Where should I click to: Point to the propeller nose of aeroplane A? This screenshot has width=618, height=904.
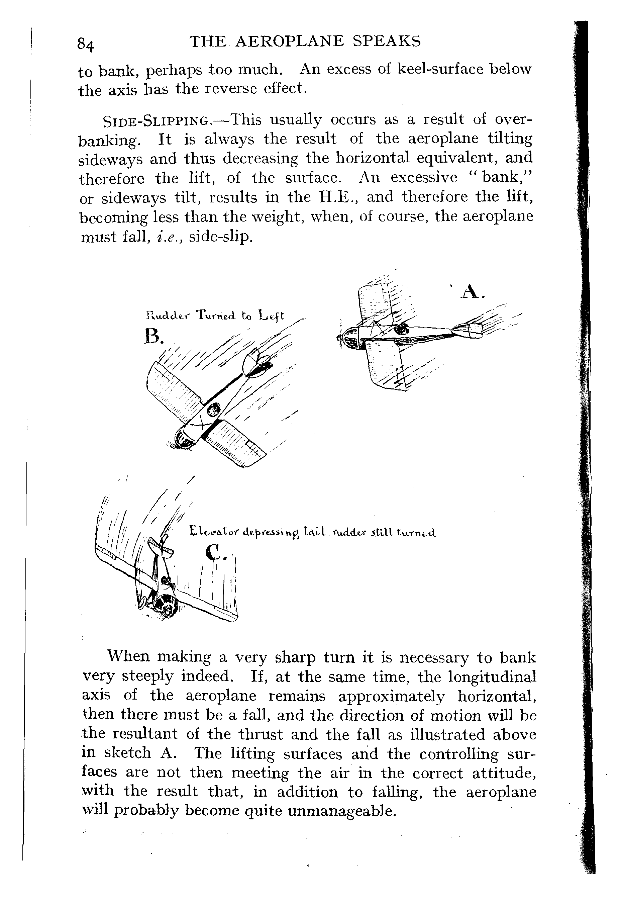(347, 337)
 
